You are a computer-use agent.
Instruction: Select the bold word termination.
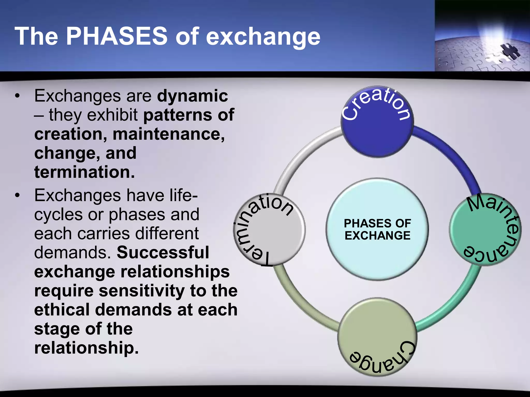[x=84, y=172]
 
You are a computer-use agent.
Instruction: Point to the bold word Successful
[x=163, y=253]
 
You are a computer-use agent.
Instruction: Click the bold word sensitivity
[x=142, y=291]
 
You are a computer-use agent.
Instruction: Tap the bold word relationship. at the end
[x=86, y=348]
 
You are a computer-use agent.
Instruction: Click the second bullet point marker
[x=17, y=196]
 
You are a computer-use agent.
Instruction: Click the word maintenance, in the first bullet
[x=168, y=134]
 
